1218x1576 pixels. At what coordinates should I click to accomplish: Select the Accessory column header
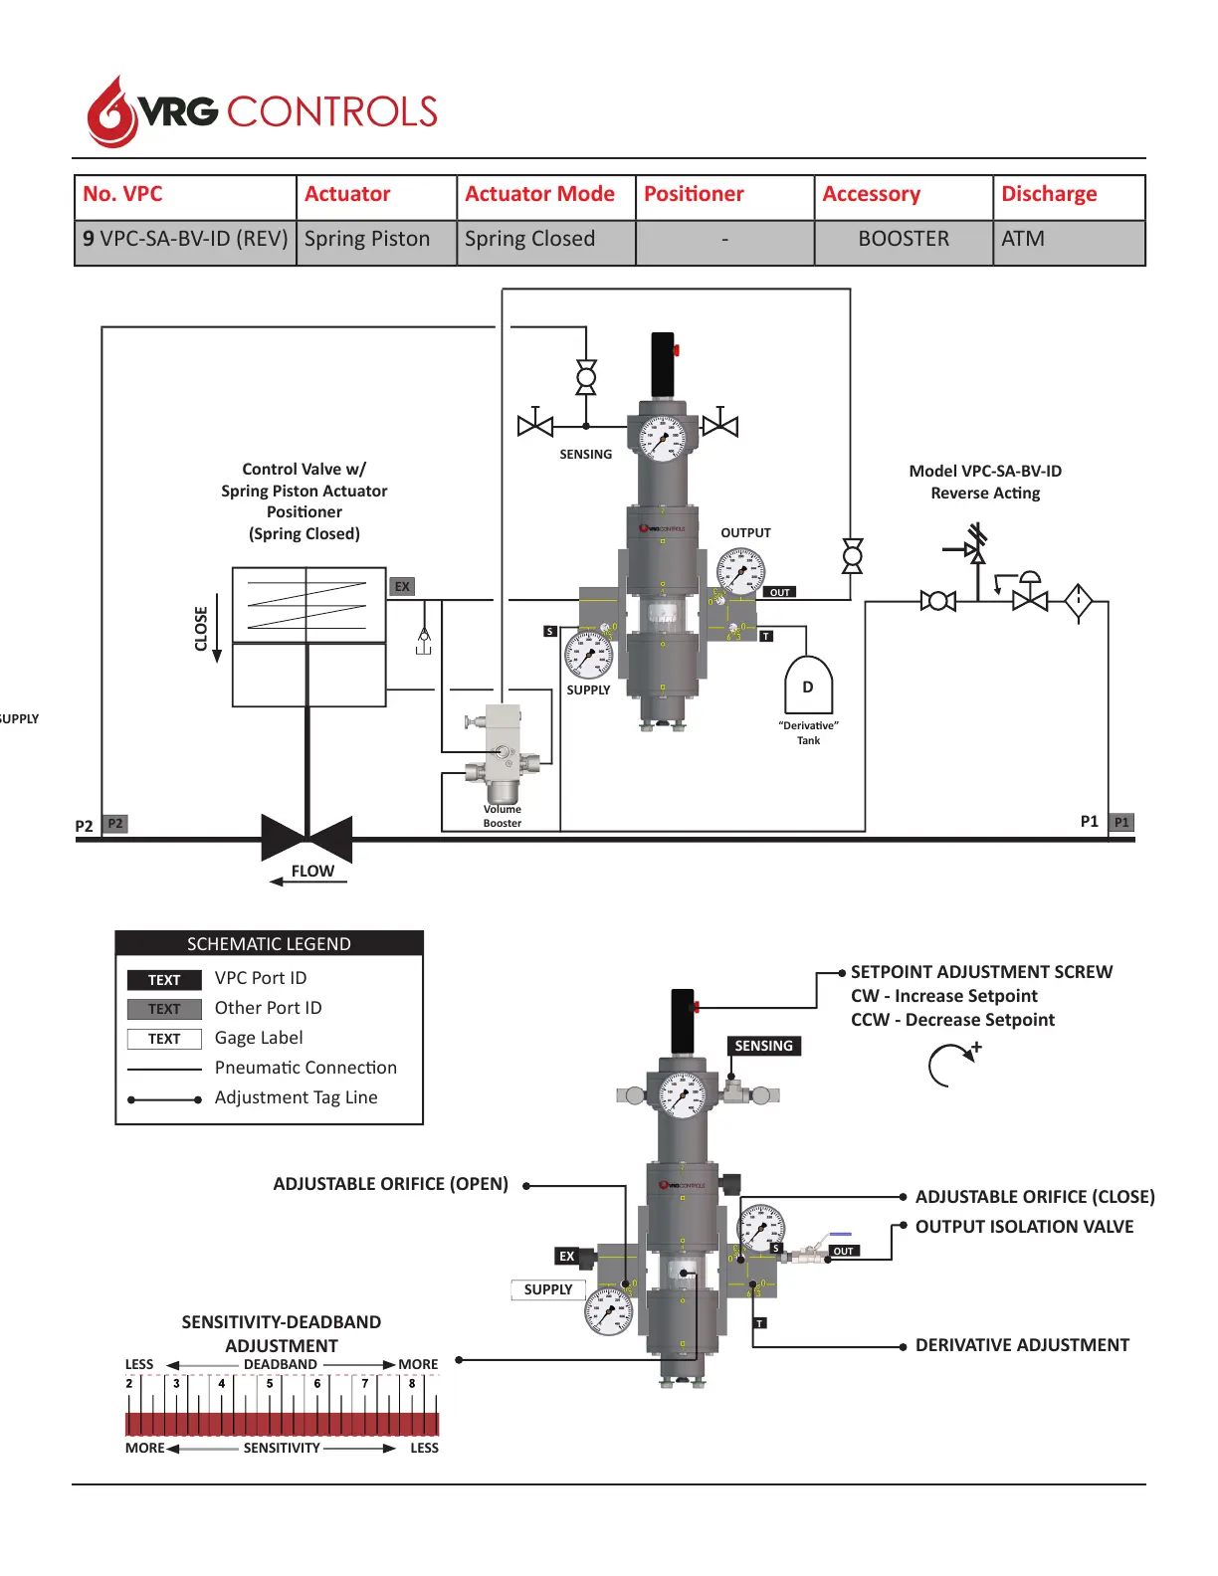point(871,194)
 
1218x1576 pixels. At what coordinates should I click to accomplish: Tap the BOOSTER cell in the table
point(903,240)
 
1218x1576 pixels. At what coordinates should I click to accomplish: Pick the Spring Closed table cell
point(529,240)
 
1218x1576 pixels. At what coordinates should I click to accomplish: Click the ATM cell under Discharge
point(1023,240)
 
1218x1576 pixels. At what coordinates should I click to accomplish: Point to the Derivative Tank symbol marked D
point(808,687)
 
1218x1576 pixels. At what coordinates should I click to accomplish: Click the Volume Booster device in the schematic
point(503,755)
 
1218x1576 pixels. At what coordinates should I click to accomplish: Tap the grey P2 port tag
point(115,824)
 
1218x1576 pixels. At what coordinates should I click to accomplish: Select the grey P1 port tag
point(1121,823)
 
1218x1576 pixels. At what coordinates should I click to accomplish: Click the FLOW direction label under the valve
point(312,872)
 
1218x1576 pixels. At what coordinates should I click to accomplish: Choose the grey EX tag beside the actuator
point(402,587)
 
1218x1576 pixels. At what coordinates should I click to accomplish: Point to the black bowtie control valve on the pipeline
point(306,838)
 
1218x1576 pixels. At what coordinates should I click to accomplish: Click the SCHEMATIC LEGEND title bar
point(269,944)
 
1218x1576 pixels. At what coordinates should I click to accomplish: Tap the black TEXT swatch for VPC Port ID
point(164,980)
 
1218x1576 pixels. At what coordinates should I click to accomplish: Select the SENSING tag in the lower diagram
point(763,1046)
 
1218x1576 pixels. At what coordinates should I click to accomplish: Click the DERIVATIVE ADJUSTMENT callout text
point(1022,1345)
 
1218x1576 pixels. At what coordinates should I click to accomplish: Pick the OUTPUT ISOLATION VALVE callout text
point(1024,1227)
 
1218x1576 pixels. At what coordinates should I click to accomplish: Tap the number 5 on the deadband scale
point(270,1383)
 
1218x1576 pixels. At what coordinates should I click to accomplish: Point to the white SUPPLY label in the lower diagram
point(548,1289)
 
